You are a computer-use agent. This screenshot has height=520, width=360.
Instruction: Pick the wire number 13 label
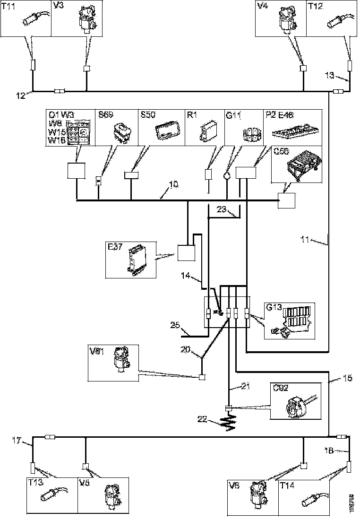tap(330, 74)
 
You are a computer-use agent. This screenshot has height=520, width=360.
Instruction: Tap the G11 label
tap(233, 115)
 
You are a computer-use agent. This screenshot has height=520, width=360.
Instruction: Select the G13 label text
tap(274, 307)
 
